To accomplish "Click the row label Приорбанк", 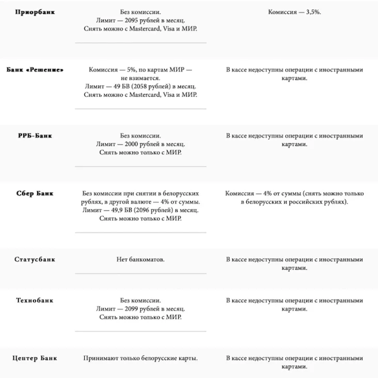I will [35, 12].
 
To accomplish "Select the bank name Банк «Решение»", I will [35, 69].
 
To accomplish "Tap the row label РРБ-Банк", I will [35, 136].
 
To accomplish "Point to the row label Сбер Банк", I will [35, 194].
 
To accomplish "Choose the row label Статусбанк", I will [35, 260].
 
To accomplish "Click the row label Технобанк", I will [35, 300].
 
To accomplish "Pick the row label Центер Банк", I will [35, 358].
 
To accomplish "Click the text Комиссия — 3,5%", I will [295, 11].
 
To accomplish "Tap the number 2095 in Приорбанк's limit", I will [132, 20].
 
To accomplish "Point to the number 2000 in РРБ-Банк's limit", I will [132, 144].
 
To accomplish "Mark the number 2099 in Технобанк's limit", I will [132, 309].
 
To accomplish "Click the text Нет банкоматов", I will [140, 260].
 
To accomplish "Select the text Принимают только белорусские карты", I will [140, 358].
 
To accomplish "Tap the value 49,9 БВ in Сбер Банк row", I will [114, 210].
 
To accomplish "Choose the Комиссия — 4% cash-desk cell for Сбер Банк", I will [294, 198].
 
